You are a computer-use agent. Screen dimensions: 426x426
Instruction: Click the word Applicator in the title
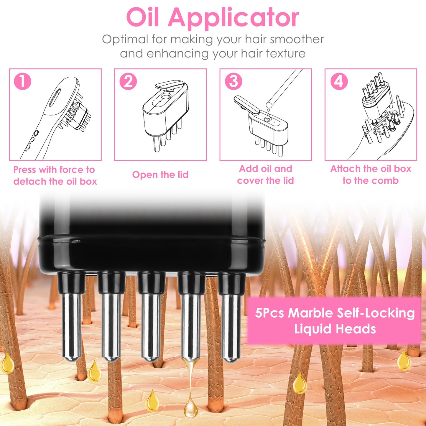(x=233, y=18)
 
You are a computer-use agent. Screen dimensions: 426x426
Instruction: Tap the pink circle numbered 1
(x=23, y=81)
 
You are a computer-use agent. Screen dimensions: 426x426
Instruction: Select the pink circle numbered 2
(x=128, y=81)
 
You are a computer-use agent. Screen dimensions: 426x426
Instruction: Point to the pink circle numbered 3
(x=233, y=81)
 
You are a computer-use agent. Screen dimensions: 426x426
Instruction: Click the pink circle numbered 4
(x=339, y=81)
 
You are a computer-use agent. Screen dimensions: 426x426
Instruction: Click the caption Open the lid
(x=160, y=175)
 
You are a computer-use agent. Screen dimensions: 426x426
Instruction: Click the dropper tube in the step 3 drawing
(x=284, y=87)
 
